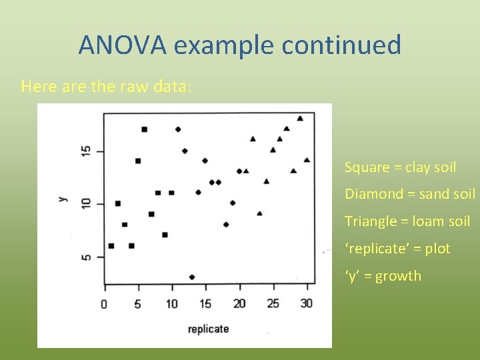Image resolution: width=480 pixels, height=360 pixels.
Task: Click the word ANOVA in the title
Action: pyautogui.click(x=123, y=45)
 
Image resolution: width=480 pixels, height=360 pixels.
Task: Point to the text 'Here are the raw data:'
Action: pyautogui.click(x=107, y=87)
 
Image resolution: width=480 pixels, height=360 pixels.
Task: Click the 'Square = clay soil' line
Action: pyautogui.click(x=400, y=167)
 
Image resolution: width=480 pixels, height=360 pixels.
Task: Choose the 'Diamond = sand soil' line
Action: pyautogui.click(x=409, y=194)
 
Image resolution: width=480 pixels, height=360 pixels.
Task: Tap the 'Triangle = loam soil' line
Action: pyautogui.click(x=407, y=221)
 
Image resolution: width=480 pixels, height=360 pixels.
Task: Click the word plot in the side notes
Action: pyautogui.click(x=437, y=249)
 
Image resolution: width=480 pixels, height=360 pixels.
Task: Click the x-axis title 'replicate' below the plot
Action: pyautogui.click(x=208, y=329)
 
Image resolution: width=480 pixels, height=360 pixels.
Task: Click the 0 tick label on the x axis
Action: pyautogui.click(x=104, y=304)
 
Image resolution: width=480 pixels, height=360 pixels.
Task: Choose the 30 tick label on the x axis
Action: pyautogui.click(x=307, y=304)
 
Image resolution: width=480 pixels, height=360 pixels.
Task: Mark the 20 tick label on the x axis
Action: pyautogui.click(x=239, y=304)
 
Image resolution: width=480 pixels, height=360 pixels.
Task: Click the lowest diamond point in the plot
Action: pyautogui.click(x=192, y=277)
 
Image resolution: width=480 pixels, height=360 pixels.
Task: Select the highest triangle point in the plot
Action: pyautogui.click(x=300, y=118)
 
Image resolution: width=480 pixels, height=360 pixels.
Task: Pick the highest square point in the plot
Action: pyautogui.click(x=145, y=129)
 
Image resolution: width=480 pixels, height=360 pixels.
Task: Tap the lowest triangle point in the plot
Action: pyautogui.click(x=259, y=213)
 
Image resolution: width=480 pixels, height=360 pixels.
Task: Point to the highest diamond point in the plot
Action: pyautogui.click(x=178, y=129)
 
